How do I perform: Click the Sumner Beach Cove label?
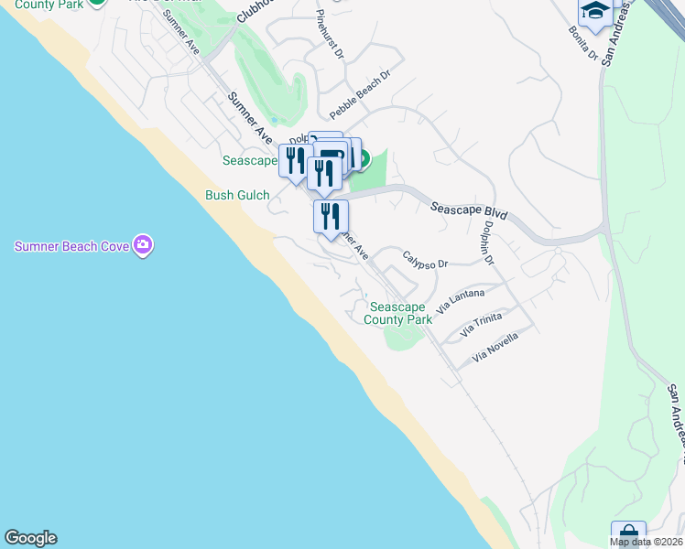tap(71, 246)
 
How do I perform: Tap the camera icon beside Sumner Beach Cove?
tap(142, 244)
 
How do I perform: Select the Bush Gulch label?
tap(237, 195)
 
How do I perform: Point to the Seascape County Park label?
tap(397, 313)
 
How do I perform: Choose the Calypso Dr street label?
tap(425, 258)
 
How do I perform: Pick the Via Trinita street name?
tap(482, 323)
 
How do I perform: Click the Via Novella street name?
tap(495, 346)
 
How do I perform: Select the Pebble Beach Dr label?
tap(360, 93)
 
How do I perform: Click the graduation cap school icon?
tap(595, 12)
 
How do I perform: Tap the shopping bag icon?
tap(628, 535)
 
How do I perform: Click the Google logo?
tap(30, 538)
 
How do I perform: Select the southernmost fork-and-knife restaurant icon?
tap(331, 216)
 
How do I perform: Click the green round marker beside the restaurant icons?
tap(362, 160)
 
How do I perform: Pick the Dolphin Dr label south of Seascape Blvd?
tap(488, 243)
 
